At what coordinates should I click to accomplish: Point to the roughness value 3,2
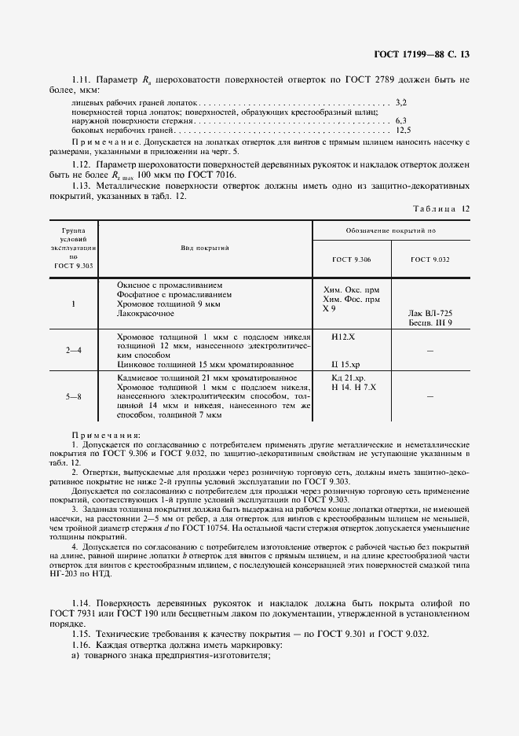[400, 102]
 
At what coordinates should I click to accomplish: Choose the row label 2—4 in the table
[73, 349]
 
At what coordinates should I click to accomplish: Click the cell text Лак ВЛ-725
[431, 313]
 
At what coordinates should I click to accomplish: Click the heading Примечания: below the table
[106, 435]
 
